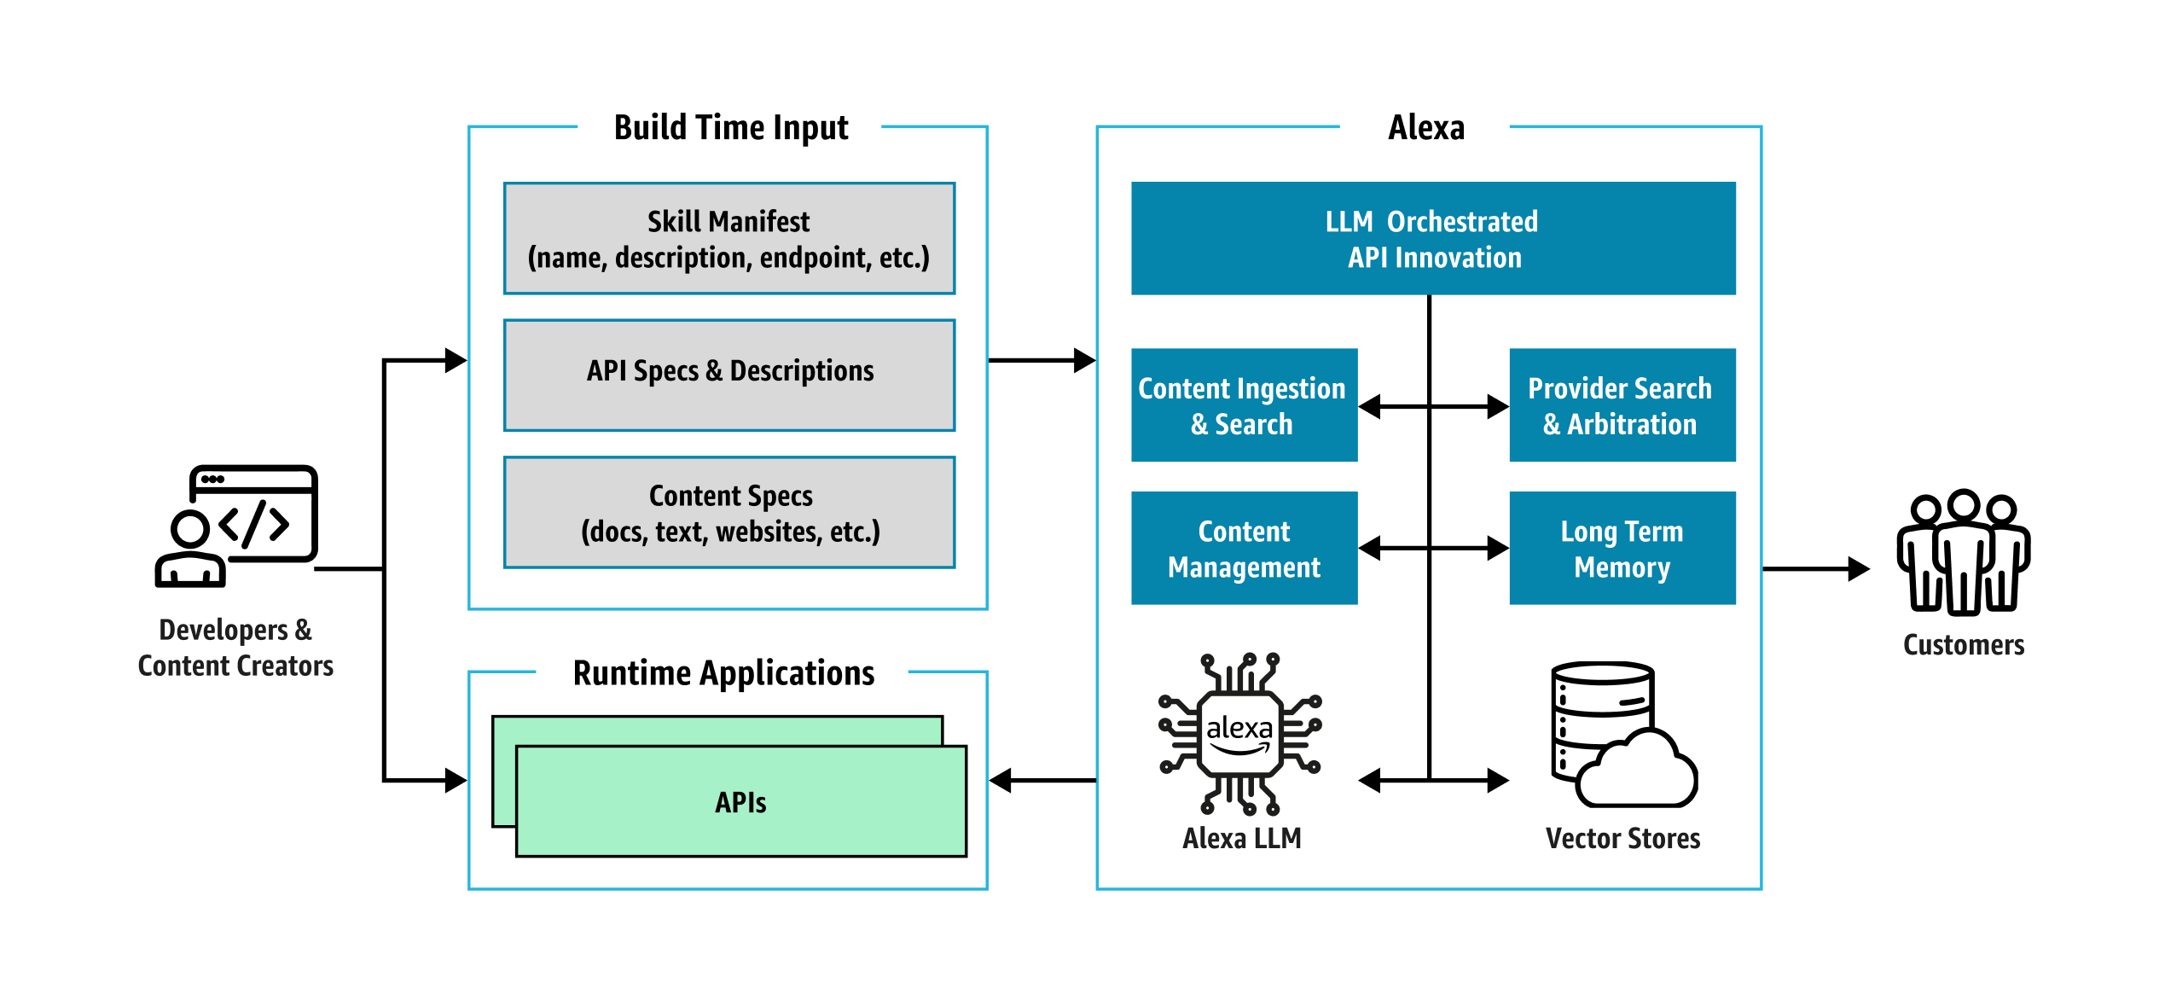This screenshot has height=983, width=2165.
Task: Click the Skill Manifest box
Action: (729, 239)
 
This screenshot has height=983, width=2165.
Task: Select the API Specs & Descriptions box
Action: (729, 375)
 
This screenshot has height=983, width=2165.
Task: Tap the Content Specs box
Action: (729, 513)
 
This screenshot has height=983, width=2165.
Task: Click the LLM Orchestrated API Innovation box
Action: (1433, 239)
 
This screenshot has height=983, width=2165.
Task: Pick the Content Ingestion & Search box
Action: (1244, 405)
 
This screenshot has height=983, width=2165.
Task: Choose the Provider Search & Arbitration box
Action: (1622, 405)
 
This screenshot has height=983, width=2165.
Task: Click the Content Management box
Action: (1244, 549)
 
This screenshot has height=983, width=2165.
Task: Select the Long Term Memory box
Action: (1622, 549)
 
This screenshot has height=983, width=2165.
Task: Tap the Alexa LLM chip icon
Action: (1239, 734)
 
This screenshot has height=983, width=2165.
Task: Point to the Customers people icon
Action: (1963, 553)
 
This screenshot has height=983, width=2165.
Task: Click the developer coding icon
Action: (237, 526)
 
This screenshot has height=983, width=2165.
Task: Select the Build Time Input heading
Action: (731, 128)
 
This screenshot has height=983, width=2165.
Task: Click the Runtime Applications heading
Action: (723, 673)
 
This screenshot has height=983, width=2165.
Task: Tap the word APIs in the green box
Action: (740, 803)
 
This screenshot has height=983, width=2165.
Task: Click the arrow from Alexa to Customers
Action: (1815, 569)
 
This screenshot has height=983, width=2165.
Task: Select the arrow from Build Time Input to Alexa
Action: (1041, 360)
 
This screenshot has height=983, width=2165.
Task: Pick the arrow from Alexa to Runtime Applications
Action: (1042, 780)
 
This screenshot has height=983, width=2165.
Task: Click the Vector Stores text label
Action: (1622, 839)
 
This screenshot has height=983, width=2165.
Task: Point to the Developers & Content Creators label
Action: (235, 648)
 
